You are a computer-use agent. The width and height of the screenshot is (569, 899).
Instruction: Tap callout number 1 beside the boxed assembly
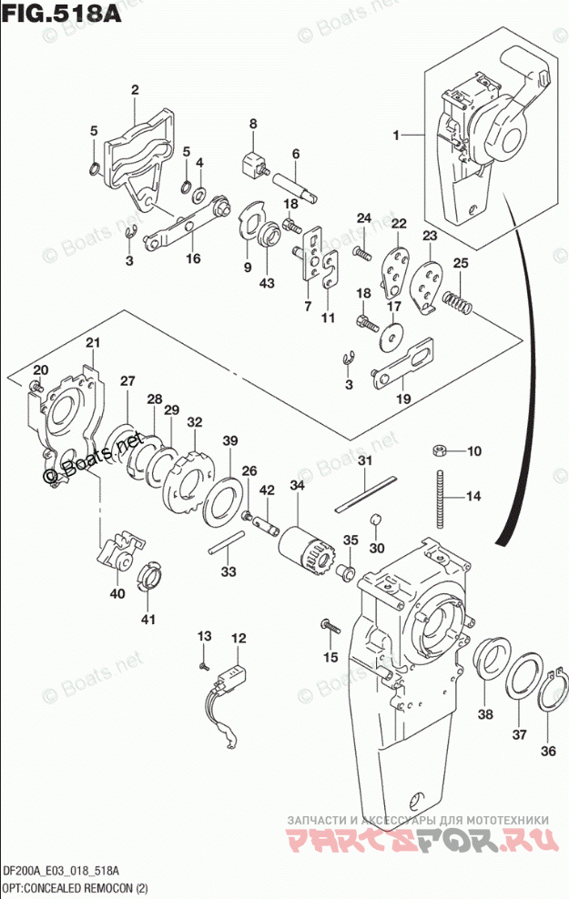click(x=396, y=136)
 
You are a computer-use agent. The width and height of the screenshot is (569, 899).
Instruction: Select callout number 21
click(x=92, y=342)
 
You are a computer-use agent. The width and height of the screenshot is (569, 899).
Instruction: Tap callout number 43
click(x=267, y=283)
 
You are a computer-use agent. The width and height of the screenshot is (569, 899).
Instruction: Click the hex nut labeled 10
click(x=437, y=449)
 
